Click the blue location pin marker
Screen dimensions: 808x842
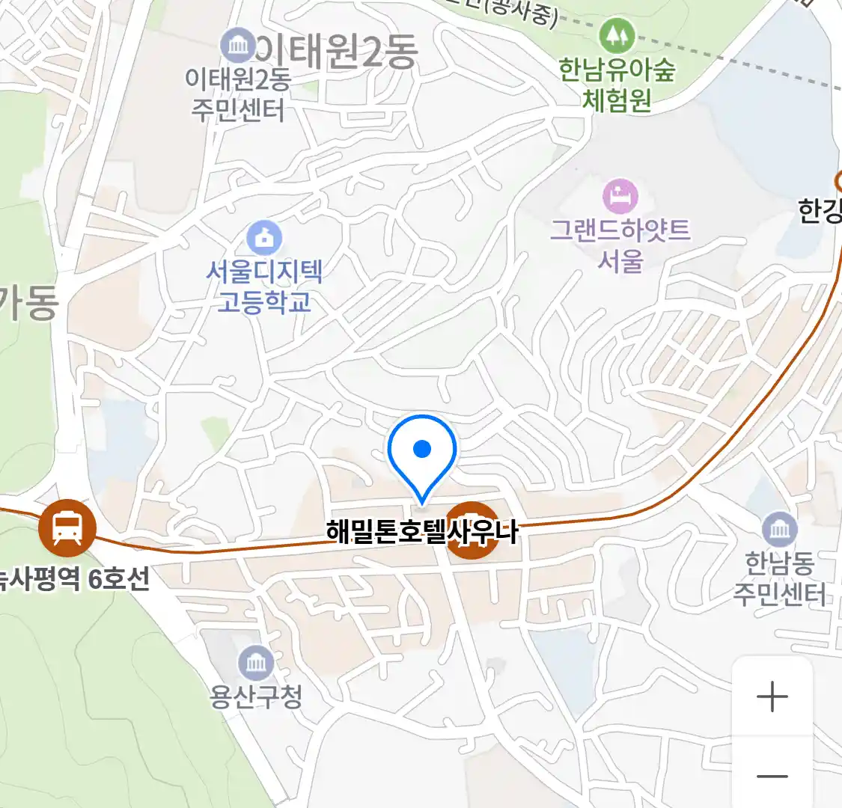pyautogui.click(x=422, y=453)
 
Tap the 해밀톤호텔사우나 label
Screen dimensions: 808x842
pyautogui.click(x=422, y=532)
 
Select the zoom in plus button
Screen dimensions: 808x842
pyautogui.click(x=772, y=697)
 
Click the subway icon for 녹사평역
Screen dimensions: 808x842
pyautogui.click(x=68, y=527)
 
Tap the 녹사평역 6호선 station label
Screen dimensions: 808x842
pyautogui.click(x=75, y=578)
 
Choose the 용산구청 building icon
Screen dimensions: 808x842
pyautogui.click(x=257, y=664)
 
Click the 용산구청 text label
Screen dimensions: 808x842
pyautogui.click(x=257, y=697)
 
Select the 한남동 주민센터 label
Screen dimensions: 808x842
pyautogui.click(x=779, y=578)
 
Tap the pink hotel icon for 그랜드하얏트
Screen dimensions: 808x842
pyautogui.click(x=620, y=197)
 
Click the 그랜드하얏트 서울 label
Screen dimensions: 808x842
pyautogui.click(x=620, y=245)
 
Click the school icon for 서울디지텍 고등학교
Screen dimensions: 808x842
pyautogui.click(x=264, y=239)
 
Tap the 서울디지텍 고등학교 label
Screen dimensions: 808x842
pyautogui.click(x=264, y=287)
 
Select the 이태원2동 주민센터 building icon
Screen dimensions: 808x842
pyautogui.click(x=238, y=46)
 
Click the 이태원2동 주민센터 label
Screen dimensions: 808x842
pyautogui.click(x=238, y=95)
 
